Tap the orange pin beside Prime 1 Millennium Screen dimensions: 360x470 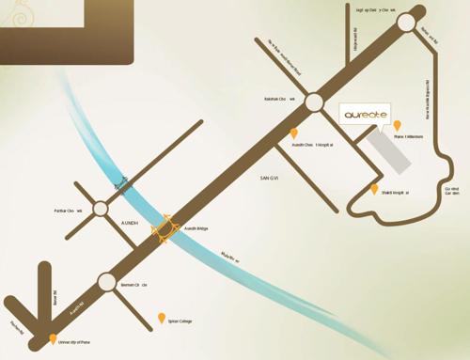(397, 126)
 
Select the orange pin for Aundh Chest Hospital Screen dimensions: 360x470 (294, 134)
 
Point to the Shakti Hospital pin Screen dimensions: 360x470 (374, 189)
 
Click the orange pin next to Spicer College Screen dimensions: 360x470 (161, 318)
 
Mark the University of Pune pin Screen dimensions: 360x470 (53, 339)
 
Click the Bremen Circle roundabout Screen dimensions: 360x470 (105, 282)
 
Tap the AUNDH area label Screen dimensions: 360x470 (130, 224)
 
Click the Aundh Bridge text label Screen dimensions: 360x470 (196, 227)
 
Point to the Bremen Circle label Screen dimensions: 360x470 (134, 284)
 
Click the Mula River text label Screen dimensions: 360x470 (230, 255)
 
